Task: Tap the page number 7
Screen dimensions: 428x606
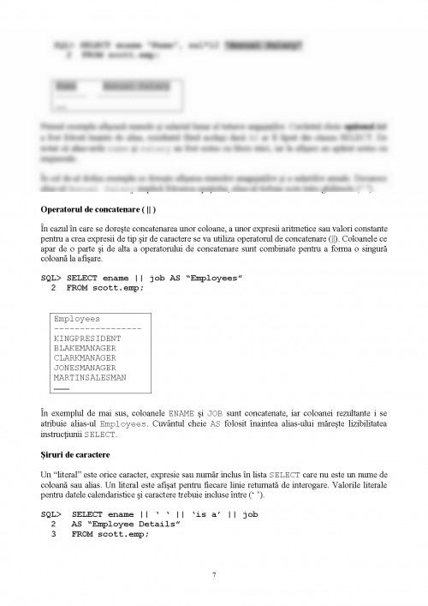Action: click(213, 573)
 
